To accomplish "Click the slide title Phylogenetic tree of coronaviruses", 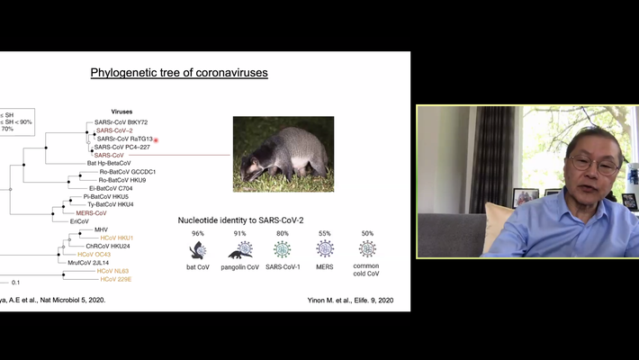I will (179, 72).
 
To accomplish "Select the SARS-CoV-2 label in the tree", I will (113, 130).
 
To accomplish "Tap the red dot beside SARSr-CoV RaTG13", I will (157, 139).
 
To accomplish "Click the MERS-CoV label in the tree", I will (91, 213).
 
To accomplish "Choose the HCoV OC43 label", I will (94, 254).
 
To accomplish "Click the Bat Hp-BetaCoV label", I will (108, 163).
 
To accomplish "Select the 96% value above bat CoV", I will (197, 233).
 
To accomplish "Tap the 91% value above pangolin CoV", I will (239, 233).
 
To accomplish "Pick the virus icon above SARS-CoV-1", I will (282, 249).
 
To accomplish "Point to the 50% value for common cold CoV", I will (367, 233).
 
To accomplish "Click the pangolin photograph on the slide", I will (283, 154).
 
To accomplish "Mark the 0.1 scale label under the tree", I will (15, 283).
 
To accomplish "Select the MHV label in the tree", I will (101, 229).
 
